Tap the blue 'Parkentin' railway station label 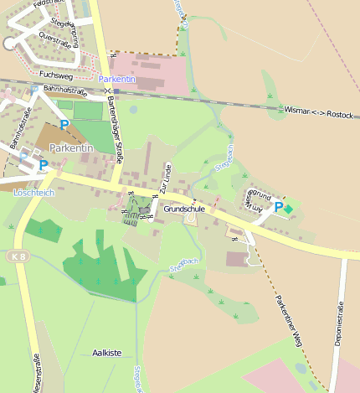point(116,79)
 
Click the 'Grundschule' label point(184,208)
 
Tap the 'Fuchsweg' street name point(56,75)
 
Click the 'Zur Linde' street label point(167,180)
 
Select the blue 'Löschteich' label point(33,192)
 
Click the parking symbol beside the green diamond point(278,206)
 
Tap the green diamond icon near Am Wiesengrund point(289,207)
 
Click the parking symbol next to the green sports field point(64,126)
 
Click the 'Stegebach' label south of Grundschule point(183,265)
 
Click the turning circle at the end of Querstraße point(9,44)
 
